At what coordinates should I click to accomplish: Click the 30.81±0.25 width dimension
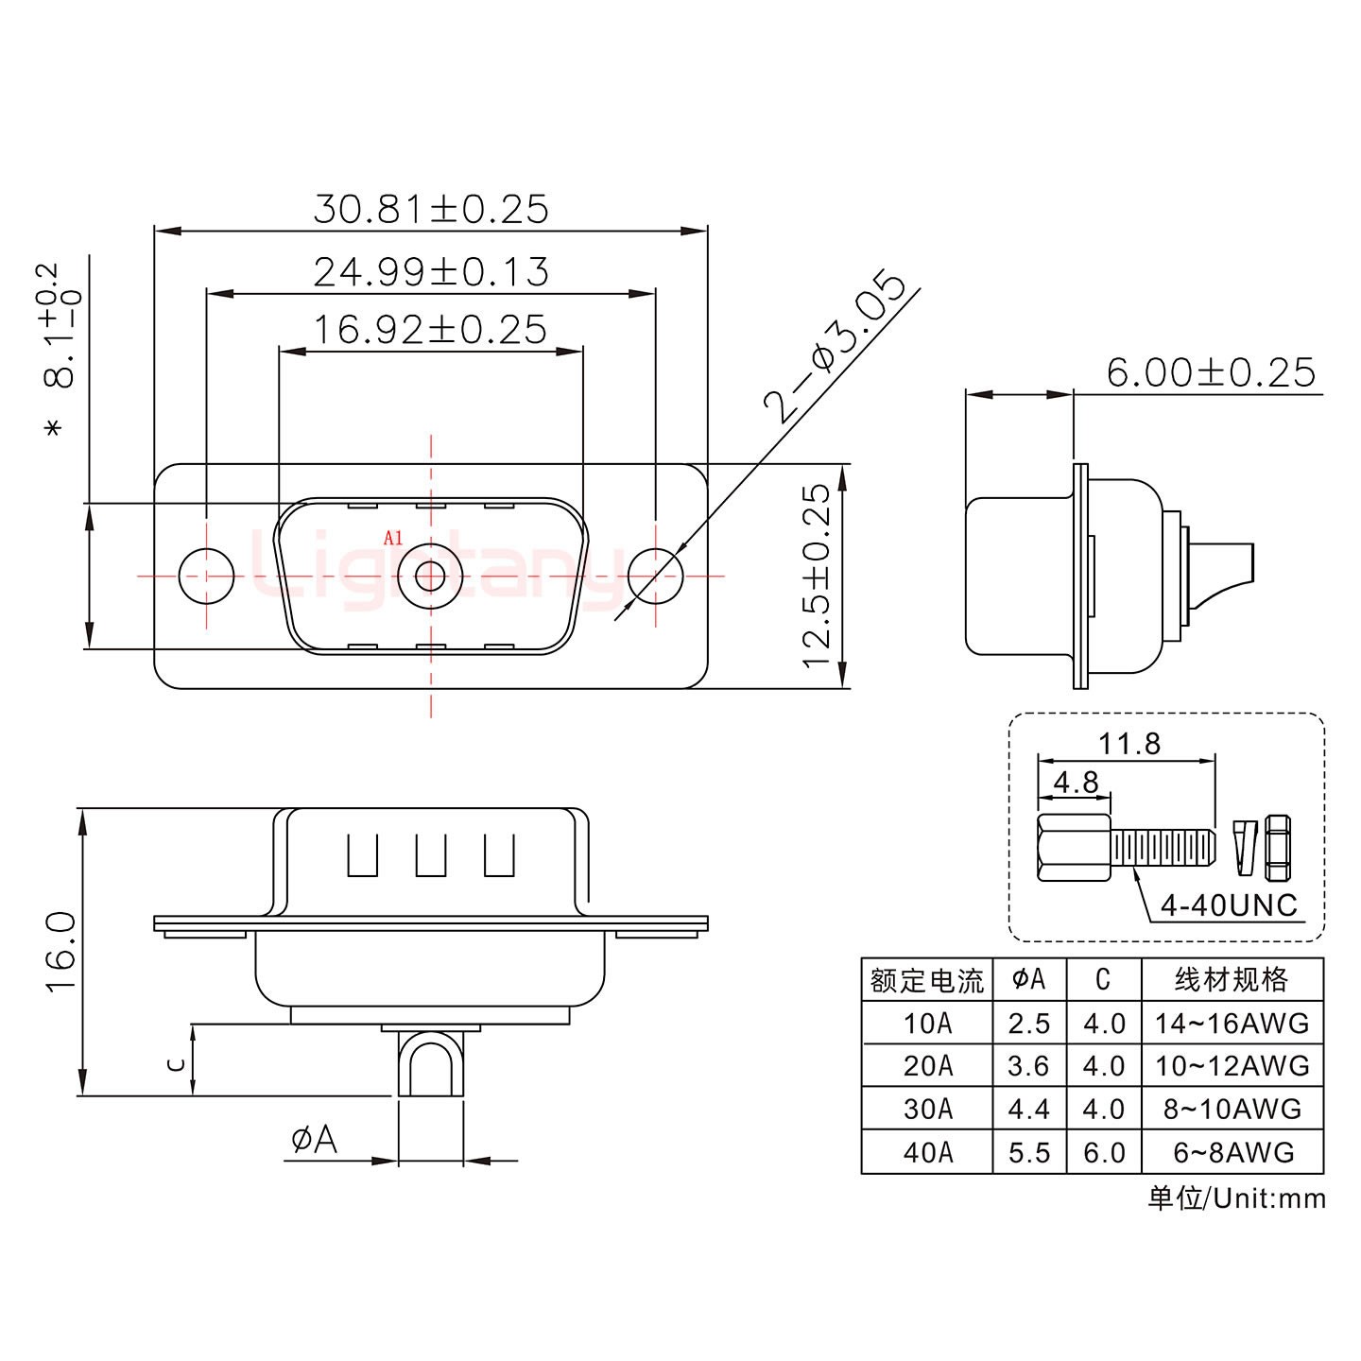[x=430, y=209]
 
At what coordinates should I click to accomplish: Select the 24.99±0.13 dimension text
[x=430, y=272]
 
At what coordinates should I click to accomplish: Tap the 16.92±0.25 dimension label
[x=430, y=330]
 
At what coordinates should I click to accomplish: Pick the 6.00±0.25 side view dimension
[x=1210, y=372]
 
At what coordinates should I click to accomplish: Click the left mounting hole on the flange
[x=207, y=576]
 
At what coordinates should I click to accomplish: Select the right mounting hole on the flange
[x=655, y=576]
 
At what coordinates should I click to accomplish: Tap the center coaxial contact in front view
[x=431, y=576]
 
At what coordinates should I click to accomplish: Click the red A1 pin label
[x=393, y=538]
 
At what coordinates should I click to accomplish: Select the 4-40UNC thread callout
[x=1229, y=905]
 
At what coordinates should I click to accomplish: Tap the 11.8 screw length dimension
[x=1128, y=744]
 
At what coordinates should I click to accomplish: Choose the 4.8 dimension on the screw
[x=1075, y=782]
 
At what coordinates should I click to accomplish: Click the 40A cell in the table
[x=927, y=1152]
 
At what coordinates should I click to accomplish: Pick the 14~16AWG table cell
[x=1232, y=1023]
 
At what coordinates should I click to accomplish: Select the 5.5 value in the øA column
[x=1028, y=1152]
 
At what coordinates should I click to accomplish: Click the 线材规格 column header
[x=1232, y=979]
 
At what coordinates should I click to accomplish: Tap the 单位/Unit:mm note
[x=1236, y=1198]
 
